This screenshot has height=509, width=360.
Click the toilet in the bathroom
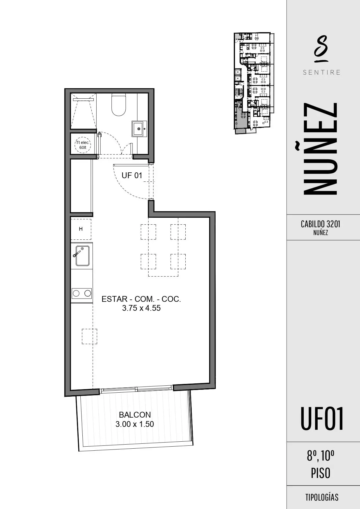coord(119,104)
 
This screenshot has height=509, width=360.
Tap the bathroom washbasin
coord(140,129)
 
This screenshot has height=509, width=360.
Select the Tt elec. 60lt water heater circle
coord(83,145)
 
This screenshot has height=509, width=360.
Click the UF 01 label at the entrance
coord(132,175)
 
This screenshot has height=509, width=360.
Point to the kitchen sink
coord(82,255)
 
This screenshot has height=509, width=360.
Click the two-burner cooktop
coord(82,293)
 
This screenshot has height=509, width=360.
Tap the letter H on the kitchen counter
coord(81,229)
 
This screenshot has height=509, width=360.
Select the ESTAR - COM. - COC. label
coord(141,299)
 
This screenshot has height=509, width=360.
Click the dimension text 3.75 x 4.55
coord(141,308)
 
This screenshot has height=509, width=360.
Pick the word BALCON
coord(135,415)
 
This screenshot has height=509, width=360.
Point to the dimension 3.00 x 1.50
coord(135,424)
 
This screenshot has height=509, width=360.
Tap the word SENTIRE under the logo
coord(321,72)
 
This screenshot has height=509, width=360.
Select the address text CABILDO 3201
coord(321,224)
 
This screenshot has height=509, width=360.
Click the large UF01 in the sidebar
coord(322,418)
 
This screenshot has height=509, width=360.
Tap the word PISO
coord(321,473)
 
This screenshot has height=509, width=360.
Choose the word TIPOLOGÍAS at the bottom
coord(322,497)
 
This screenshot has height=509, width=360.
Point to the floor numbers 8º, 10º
coord(321,456)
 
